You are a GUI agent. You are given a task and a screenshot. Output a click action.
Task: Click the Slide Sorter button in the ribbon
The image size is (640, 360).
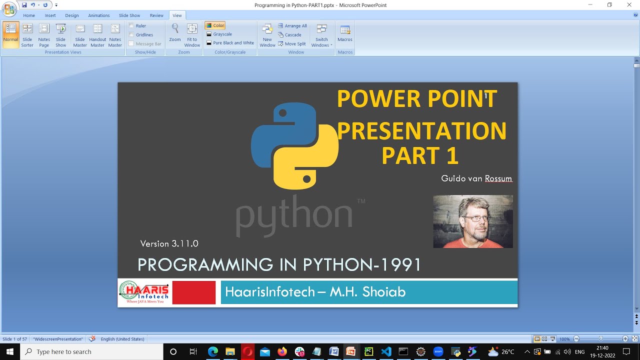(x=27, y=35)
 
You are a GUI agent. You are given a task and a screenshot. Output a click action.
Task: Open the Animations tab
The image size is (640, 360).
(x=98, y=15)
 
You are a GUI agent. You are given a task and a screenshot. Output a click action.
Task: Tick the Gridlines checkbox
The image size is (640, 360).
(x=131, y=35)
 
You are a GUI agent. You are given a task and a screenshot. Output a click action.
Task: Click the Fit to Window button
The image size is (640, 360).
(x=192, y=35)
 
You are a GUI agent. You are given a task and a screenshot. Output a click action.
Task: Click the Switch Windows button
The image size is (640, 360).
(x=321, y=35)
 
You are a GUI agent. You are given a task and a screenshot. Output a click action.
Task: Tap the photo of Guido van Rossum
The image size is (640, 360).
(x=472, y=221)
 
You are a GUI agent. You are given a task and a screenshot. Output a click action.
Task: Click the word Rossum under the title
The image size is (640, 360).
(x=498, y=178)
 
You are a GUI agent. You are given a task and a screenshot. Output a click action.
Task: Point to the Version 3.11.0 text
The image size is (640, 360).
(x=169, y=243)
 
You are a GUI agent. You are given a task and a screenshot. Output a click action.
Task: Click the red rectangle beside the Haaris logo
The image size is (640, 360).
(x=193, y=292)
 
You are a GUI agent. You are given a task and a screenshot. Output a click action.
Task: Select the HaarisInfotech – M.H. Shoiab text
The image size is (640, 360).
(x=315, y=292)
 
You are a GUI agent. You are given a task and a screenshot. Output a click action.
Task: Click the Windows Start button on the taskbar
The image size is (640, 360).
(x=9, y=351)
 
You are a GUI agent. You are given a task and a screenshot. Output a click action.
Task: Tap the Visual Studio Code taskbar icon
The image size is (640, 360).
(x=386, y=351)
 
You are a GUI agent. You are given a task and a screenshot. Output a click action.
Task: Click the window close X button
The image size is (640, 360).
(x=629, y=5)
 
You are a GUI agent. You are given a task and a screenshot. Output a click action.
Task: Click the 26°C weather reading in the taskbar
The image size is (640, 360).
(x=507, y=351)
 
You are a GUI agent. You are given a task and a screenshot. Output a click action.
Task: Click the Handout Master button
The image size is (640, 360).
(x=97, y=35)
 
